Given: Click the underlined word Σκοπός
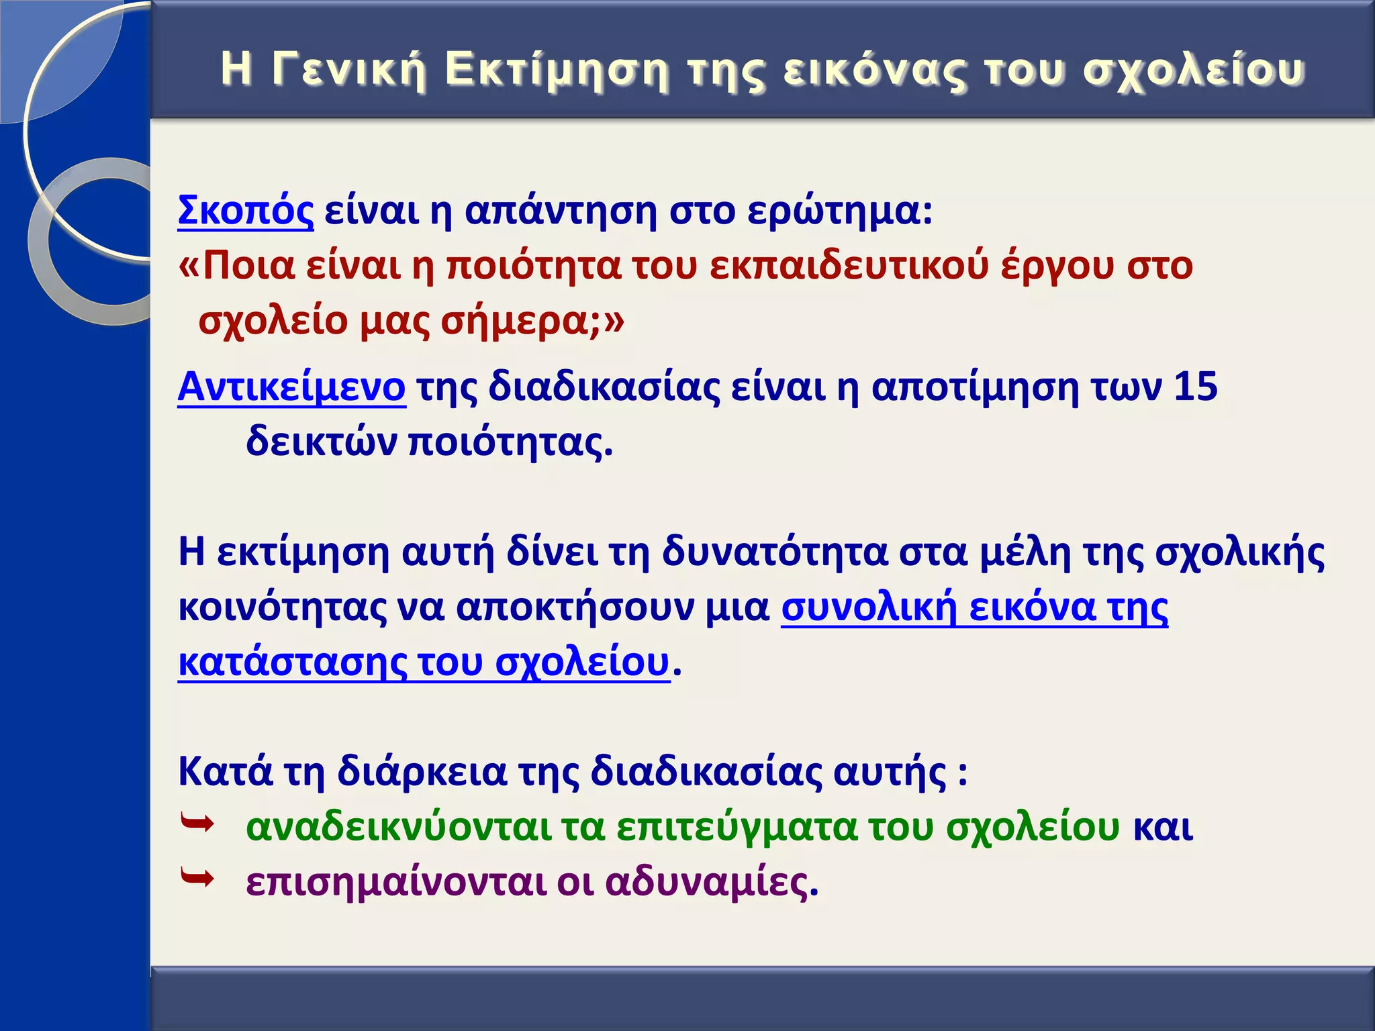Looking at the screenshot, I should tap(245, 211).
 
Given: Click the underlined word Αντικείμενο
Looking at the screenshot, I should tap(291, 387).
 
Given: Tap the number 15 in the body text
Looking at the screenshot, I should tap(1195, 387).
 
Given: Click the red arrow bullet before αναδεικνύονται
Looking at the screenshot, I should tap(197, 822).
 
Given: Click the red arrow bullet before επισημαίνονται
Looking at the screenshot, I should tap(197, 877).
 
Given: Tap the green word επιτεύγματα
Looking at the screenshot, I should tap(737, 828).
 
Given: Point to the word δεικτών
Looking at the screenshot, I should tap(322, 442).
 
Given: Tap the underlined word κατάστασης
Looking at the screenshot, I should tap(292, 662).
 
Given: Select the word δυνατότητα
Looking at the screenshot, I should tap(775, 552).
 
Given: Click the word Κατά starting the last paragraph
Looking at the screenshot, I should tap(226, 772).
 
